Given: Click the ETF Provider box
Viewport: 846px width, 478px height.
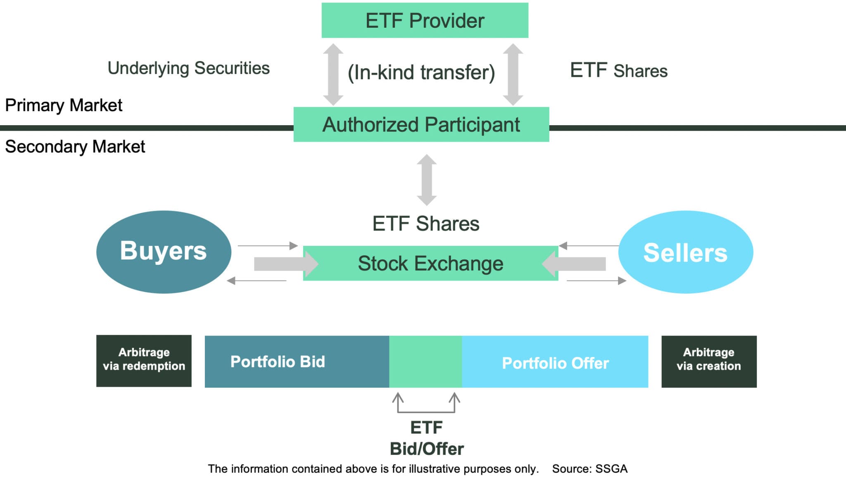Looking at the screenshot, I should pyautogui.click(x=425, y=21).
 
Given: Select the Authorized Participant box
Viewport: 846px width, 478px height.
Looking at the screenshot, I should pyautogui.click(x=421, y=124).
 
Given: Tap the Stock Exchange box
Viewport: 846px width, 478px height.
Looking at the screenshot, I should pyautogui.click(x=430, y=264).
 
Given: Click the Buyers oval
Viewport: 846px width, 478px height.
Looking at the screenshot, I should pyautogui.click(x=164, y=252).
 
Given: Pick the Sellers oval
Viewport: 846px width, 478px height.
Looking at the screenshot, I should pyautogui.click(x=685, y=252).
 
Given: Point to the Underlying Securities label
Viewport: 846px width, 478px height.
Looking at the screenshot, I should pyautogui.click(x=188, y=69).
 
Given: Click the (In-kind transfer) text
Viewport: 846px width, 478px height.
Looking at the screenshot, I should pyautogui.click(x=421, y=73).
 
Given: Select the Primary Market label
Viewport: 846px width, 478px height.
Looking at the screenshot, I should pyautogui.click(x=64, y=105).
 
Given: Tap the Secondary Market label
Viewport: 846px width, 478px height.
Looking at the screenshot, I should pyautogui.click(x=75, y=147).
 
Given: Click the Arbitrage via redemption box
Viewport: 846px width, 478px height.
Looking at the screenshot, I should pyautogui.click(x=144, y=361).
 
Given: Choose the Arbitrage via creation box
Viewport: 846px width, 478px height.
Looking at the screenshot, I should pyautogui.click(x=709, y=361).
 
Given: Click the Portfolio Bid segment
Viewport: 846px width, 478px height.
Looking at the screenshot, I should pyautogui.click(x=297, y=361).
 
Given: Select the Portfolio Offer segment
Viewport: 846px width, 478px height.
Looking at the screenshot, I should pyautogui.click(x=555, y=362).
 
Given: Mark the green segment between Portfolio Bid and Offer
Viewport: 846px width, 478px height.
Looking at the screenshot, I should pyautogui.click(x=425, y=361).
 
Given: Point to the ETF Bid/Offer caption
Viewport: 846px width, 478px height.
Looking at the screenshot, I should pyautogui.click(x=427, y=438).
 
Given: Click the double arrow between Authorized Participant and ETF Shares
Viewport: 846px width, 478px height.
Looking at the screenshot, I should pyautogui.click(x=427, y=180).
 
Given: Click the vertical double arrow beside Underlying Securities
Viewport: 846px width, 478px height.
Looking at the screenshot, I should pyautogui.click(x=333, y=74).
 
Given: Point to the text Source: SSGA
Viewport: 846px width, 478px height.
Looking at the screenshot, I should pyautogui.click(x=589, y=469).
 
